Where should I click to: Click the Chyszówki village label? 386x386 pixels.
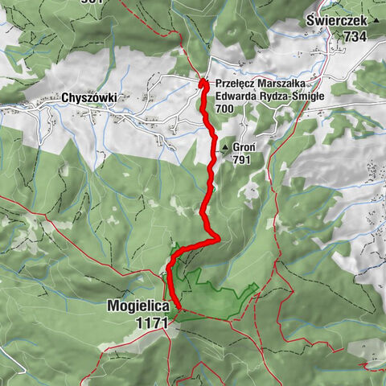88,98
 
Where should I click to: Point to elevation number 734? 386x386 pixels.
354,36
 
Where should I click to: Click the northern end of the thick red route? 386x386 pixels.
203,82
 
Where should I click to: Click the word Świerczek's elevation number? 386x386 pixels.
354,36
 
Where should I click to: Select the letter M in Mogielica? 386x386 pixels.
112,306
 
